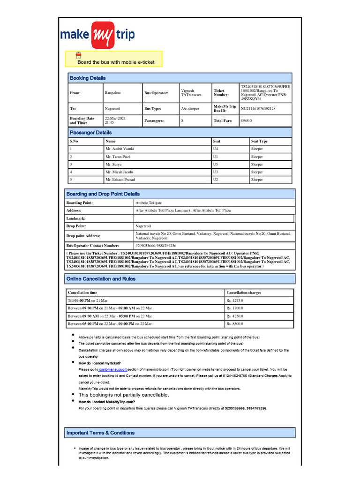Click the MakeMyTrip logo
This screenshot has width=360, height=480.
pos(97,35)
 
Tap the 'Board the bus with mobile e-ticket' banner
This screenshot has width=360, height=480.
pos(116,62)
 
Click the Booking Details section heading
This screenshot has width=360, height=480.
pos(88,78)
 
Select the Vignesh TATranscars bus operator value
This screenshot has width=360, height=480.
pos(191,93)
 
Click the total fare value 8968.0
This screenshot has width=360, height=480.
pos(246,120)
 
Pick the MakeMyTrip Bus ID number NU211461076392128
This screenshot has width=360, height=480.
pos(258,108)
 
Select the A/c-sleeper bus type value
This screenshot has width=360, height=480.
pos(190,108)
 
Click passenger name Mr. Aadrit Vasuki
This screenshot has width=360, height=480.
pos(120,149)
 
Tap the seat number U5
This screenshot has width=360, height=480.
pos(216,165)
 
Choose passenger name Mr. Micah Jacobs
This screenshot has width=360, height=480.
pos(120,172)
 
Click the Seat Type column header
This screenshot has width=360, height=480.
pos(259,141)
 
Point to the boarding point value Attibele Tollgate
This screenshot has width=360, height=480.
pos(149,202)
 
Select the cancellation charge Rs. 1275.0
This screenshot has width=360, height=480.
pos(235,300)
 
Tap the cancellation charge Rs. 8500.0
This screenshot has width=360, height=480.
pos(235,324)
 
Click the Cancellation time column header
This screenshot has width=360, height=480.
pos(82,292)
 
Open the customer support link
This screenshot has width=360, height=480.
pos(112,369)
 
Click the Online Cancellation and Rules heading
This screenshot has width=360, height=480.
pos(101,279)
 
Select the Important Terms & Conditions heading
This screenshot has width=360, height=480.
pos(100,433)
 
